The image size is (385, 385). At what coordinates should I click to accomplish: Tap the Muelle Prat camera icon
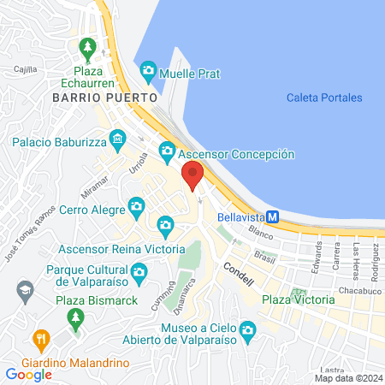pos(149,68)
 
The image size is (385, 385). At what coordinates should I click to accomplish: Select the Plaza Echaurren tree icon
pos(86,46)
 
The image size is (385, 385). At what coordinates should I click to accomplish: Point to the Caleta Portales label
pos(324,98)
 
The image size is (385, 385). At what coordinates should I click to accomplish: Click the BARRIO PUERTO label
pos(105,98)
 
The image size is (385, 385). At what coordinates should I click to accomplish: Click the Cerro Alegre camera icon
pos(135,205)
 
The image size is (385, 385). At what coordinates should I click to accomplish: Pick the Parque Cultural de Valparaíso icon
pos(139,273)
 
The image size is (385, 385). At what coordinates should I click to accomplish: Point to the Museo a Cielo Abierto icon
pos(247,329)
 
